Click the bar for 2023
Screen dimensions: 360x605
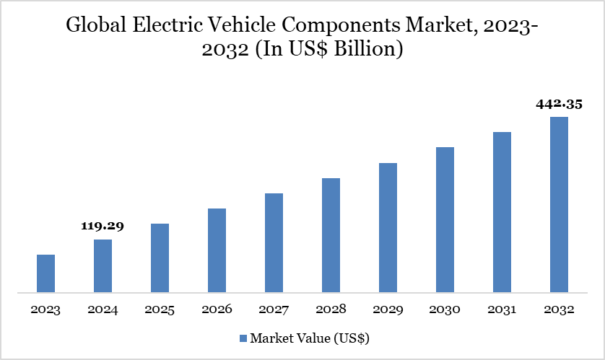coord(45,274)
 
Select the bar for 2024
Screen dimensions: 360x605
coord(103,266)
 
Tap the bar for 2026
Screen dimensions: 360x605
coord(217,251)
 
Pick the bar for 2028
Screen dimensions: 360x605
coord(331,235)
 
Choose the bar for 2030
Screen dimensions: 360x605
coord(445,220)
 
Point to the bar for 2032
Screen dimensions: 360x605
coord(559,205)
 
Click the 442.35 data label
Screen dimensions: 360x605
coord(559,104)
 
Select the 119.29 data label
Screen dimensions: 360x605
coord(103,226)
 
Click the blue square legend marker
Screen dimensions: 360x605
coord(243,338)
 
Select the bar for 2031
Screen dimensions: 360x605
coord(502,213)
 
